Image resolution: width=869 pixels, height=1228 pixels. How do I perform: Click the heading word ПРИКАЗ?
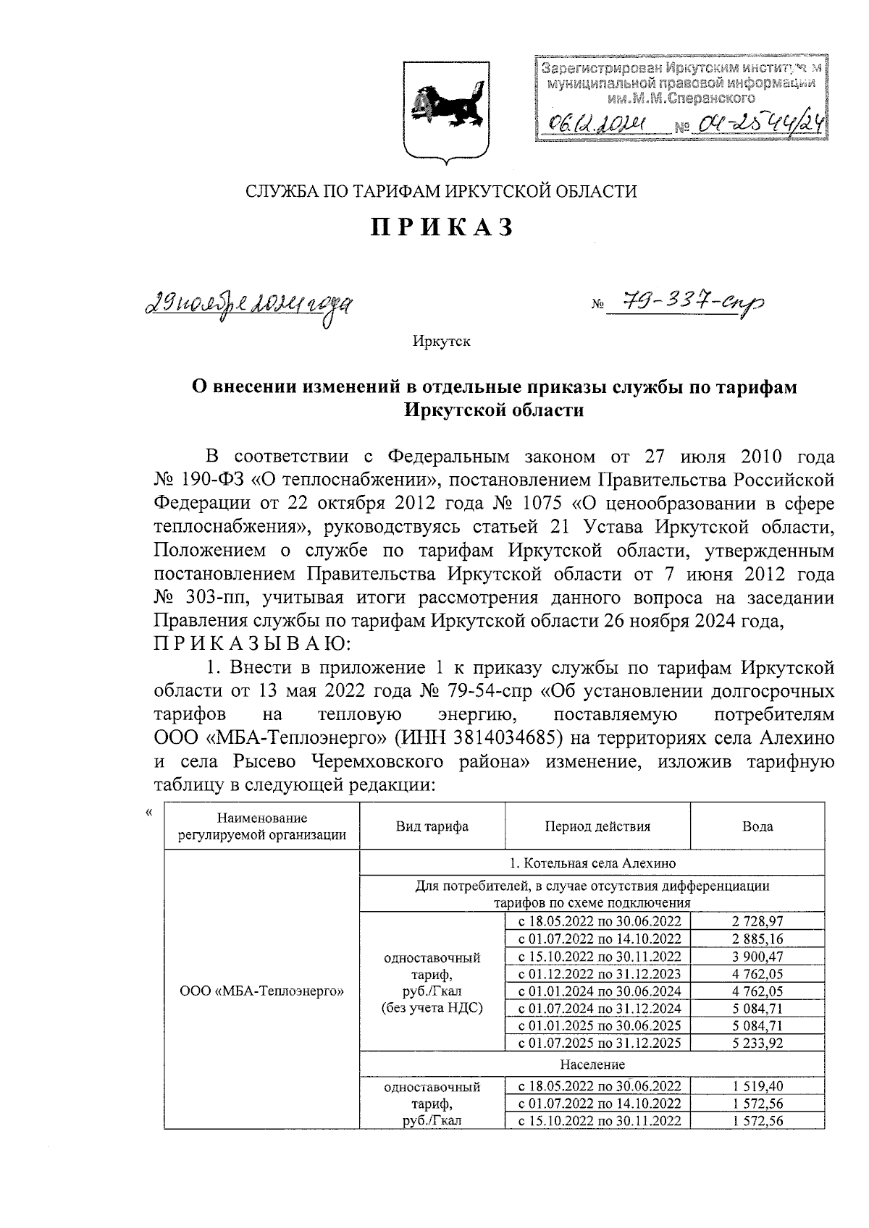point(442,227)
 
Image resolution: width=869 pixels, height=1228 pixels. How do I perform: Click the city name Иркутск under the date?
point(442,341)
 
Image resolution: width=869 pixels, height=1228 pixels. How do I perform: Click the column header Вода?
point(757,826)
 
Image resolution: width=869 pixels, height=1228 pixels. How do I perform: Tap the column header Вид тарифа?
point(432,826)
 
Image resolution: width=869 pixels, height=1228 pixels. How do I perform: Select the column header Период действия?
point(597,826)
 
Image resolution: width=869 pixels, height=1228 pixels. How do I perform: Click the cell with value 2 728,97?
point(757,921)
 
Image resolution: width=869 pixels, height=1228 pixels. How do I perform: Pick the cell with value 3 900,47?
point(757,956)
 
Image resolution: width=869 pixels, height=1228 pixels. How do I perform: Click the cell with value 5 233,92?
point(757,1043)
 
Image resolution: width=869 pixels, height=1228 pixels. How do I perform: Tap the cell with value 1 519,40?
point(757,1086)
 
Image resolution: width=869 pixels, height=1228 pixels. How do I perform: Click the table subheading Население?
point(592,1064)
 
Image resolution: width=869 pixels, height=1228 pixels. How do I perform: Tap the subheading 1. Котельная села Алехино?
point(592,863)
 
